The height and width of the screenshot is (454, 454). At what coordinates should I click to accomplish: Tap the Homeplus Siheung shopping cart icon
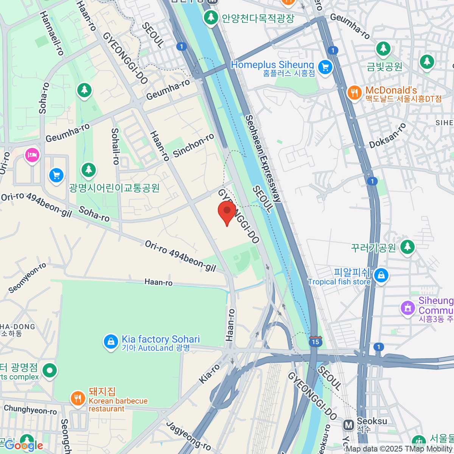(325, 68)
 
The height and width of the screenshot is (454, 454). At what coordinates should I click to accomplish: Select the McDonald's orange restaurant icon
(354, 93)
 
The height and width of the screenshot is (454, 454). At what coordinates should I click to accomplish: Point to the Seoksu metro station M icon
(348, 424)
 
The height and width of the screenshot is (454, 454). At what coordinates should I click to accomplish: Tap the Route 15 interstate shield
(316, 341)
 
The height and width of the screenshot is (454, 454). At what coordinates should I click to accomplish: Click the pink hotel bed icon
(32, 155)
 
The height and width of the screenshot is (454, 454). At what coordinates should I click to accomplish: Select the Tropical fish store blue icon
(381, 276)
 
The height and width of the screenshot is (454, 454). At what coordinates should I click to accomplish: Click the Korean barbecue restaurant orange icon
(78, 398)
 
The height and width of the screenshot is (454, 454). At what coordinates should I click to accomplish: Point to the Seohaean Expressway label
(263, 159)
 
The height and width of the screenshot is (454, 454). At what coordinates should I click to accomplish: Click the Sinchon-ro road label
(193, 146)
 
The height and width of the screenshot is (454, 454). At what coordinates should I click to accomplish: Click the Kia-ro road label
(209, 374)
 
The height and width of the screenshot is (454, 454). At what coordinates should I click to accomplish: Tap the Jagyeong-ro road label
(188, 435)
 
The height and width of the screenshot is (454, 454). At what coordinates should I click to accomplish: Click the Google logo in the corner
(23, 445)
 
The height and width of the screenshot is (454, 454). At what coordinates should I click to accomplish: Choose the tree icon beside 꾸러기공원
(407, 247)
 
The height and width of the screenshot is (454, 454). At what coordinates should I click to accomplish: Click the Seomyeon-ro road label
(27, 278)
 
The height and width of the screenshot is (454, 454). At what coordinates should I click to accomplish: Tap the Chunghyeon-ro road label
(30, 410)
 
